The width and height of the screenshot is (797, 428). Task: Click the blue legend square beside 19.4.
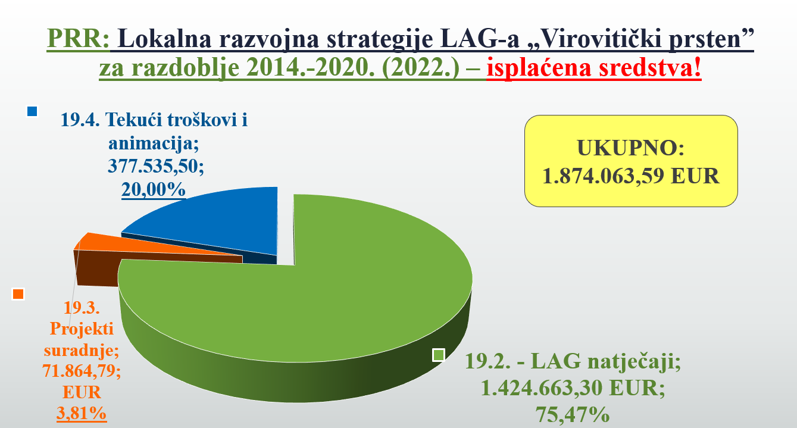pos(32,111)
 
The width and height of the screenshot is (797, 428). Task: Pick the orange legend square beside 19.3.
pos(18,293)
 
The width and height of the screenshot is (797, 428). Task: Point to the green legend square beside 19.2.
pos(439,355)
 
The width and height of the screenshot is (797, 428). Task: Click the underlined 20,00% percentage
pos(154,189)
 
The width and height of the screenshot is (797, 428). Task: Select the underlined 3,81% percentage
pos(82,413)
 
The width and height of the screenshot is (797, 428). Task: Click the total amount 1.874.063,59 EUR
pos(631,176)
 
